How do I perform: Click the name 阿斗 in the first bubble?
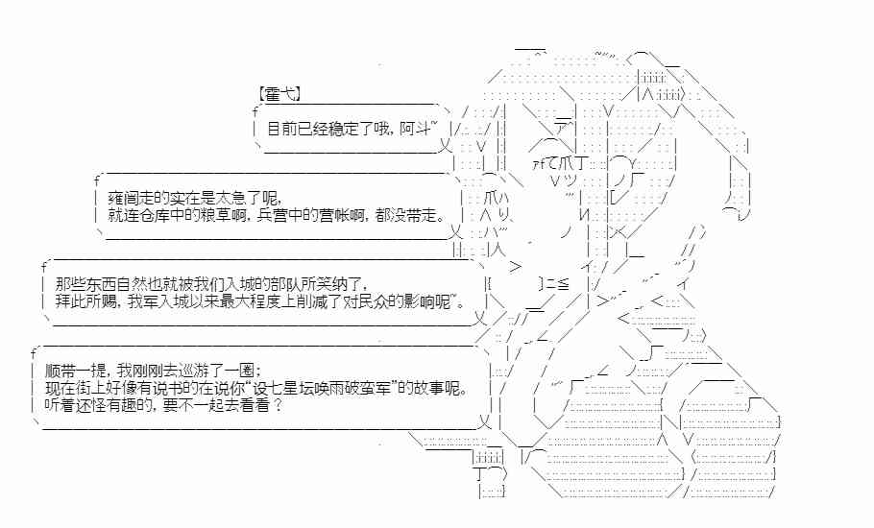[419, 128]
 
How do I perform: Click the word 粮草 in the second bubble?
[224, 214]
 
